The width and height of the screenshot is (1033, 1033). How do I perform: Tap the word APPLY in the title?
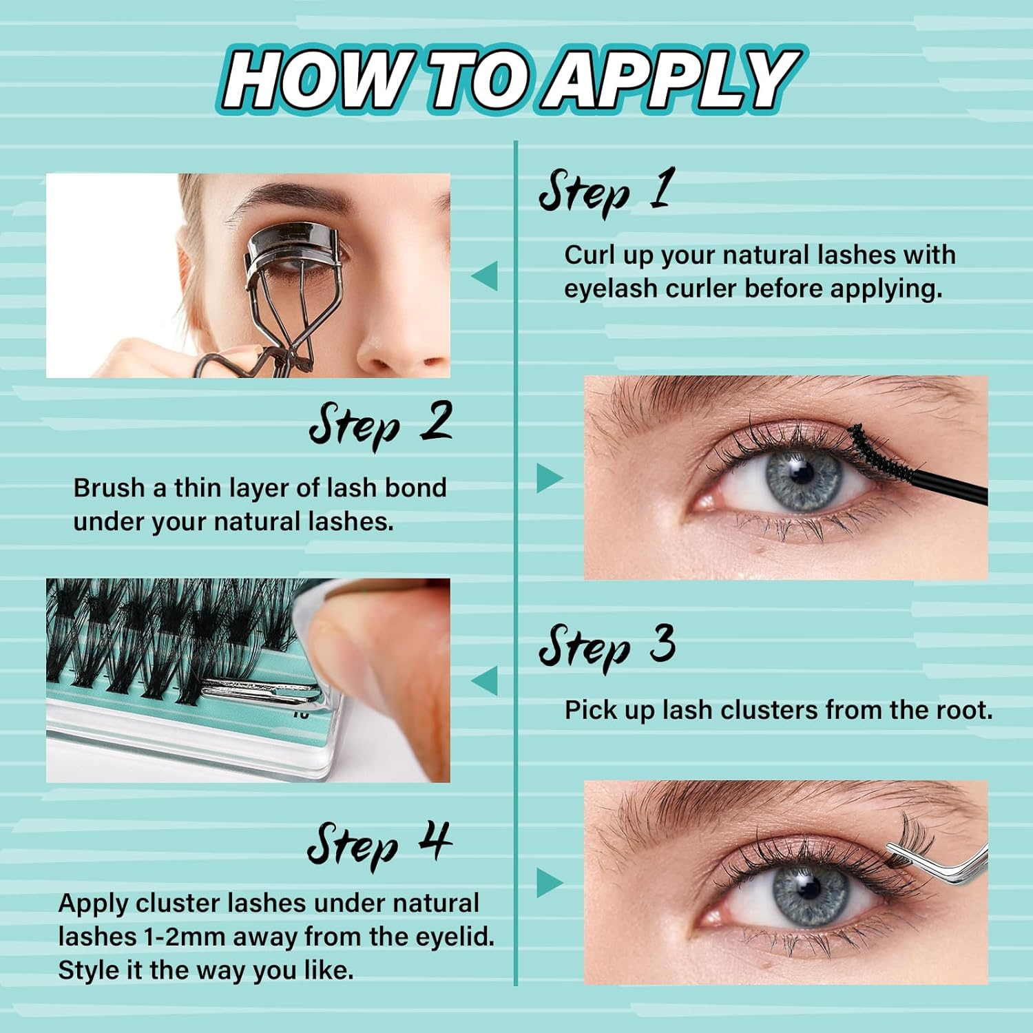coord(671,79)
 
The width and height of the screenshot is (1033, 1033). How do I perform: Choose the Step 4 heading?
coord(379,844)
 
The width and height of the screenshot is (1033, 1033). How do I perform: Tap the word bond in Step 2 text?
coord(415,488)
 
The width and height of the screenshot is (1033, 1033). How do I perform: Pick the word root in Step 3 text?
coord(962,709)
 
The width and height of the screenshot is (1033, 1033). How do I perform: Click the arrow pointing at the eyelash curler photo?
coord(485,276)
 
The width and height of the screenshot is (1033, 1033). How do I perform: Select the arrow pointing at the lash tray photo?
coord(485,680)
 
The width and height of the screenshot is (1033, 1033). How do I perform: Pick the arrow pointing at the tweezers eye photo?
coord(549,883)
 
